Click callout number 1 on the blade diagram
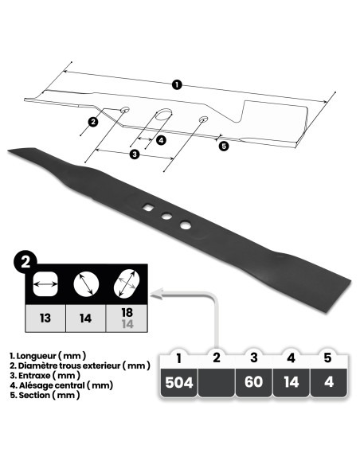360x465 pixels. pyautogui.click(x=176, y=84)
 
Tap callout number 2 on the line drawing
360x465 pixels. pyautogui.click(x=93, y=122)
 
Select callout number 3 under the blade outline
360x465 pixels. pyautogui.click(x=134, y=154)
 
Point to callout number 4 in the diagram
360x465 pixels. pyautogui.click(x=161, y=140)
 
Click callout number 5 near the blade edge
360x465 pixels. pyautogui.click(x=223, y=146)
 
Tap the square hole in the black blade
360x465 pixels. pyautogui.click(x=149, y=209)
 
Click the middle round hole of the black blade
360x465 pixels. pyautogui.click(x=166, y=217)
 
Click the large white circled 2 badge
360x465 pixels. pyautogui.click(x=26, y=260)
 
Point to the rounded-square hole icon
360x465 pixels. pyautogui.click(x=45, y=284)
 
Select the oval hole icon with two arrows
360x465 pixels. pyautogui.click(x=127, y=284)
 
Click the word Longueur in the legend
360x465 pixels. pyautogui.click(x=42, y=354)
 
